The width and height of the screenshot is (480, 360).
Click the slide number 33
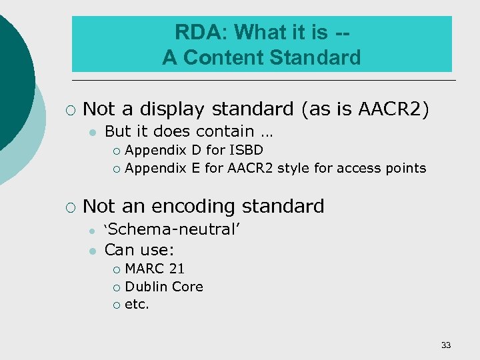446,345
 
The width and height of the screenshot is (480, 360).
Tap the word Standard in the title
316,57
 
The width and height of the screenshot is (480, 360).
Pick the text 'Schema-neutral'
172,230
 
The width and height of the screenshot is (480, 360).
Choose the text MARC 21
155,269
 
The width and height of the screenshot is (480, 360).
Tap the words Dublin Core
164,287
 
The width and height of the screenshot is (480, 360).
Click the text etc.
137,305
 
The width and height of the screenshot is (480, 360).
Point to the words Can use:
139,250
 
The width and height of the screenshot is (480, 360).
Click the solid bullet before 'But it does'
92,132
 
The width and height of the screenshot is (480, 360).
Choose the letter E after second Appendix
195,168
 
